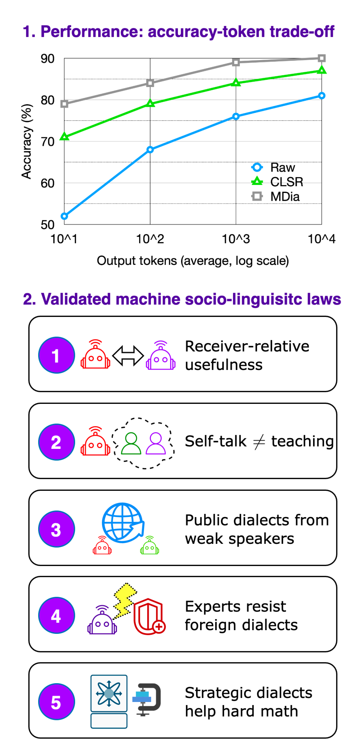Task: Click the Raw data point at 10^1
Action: pyautogui.click(x=64, y=216)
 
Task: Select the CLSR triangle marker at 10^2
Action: pyautogui.click(x=150, y=103)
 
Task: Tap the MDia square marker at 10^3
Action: pyautogui.click(x=236, y=62)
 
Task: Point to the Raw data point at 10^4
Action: pyautogui.click(x=322, y=96)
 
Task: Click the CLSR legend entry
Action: pyautogui.click(x=277, y=182)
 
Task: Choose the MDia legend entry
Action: pyautogui.click(x=276, y=196)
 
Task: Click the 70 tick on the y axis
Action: pyautogui.click(x=48, y=142)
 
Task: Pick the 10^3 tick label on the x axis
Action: pyautogui.click(x=236, y=239)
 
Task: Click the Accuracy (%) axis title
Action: pyautogui.click(x=26, y=141)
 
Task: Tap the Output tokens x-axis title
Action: pyautogui.click(x=193, y=261)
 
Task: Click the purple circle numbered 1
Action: pyautogui.click(x=56, y=355)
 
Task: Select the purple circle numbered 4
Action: pyautogui.click(x=56, y=615)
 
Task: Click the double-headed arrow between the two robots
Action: pyautogui.click(x=128, y=356)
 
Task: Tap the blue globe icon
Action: pyautogui.click(x=123, y=522)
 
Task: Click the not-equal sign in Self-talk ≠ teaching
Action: pyautogui.click(x=259, y=441)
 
